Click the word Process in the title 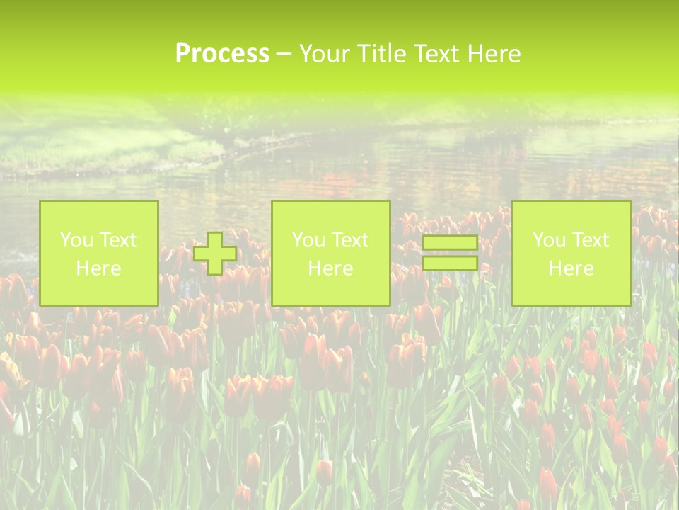coord(222,54)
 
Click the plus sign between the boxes coord(215,253)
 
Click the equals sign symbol coord(450,253)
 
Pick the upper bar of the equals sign coord(450,243)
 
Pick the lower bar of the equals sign coord(450,263)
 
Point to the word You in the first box coord(76,240)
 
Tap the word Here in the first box coord(99,268)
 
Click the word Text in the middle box coord(349,240)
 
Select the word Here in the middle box coord(331,268)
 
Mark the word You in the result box coord(548,240)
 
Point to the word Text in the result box coord(590,240)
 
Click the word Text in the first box coord(117,240)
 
